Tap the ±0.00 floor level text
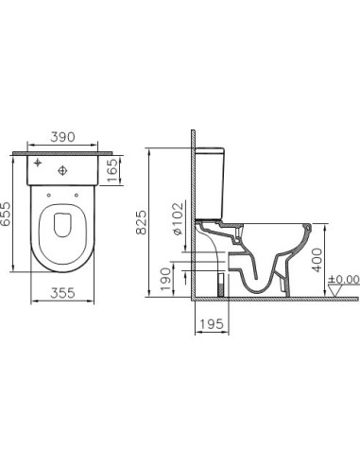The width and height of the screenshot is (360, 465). (x=342, y=280)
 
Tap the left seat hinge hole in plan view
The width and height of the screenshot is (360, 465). (x=47, y=198)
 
